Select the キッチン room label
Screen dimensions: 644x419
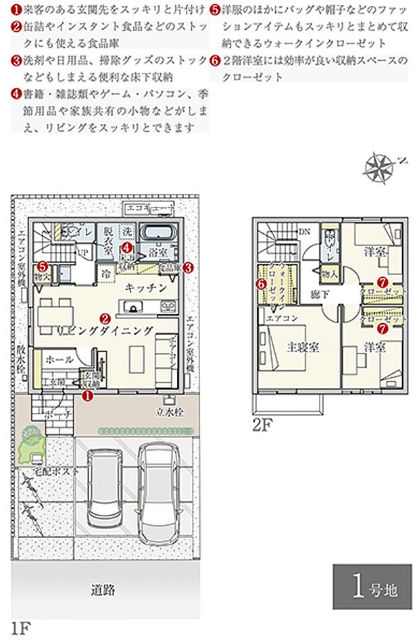145,287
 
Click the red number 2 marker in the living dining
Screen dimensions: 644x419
105,318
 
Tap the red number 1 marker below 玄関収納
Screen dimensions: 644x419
87,397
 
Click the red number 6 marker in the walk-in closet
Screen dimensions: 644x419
260,284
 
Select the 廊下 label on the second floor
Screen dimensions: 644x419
320,294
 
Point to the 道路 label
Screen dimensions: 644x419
103,590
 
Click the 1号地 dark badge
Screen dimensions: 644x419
372,586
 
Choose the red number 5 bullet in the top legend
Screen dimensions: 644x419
214,10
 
